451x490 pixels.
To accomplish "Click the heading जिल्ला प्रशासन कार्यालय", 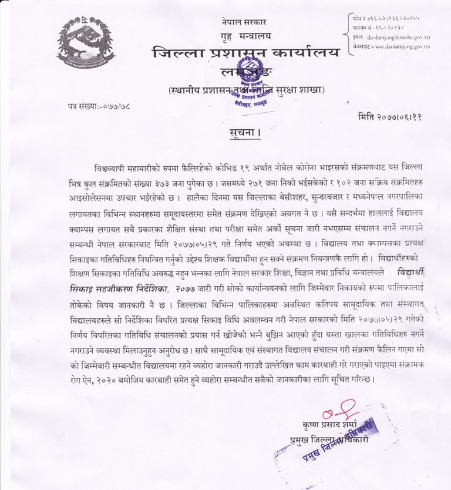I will pyautogui.click(x=245, y=54).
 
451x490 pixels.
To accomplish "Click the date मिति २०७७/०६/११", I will pyautogui.click(x=390, y=116).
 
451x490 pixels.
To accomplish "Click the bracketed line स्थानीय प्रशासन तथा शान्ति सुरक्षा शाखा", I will pyautogui.click(x=245, y=91).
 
